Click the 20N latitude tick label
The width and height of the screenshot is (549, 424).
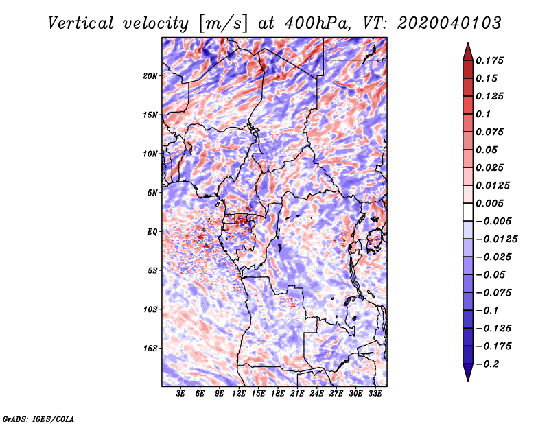[x=150, y=76]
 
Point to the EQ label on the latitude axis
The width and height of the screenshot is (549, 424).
[x=152, y=232]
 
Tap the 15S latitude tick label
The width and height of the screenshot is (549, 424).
[x=150, y=349]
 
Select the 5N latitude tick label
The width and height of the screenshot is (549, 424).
[x=152, y=193]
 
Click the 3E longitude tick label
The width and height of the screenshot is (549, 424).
[x=180, y=394]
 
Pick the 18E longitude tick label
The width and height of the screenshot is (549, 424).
[x=278, y=394]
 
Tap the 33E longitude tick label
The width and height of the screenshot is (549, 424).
[x=375, y=394]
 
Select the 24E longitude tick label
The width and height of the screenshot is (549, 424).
[x=316, y=394]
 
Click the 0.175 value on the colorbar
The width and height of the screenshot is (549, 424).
[x=489, y=60]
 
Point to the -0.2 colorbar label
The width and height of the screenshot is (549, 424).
[x=487, y=364]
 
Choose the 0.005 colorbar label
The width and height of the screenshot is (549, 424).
[x=489, y=203]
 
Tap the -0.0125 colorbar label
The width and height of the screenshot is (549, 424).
[x=496, y=239]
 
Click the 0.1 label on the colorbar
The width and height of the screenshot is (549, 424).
[x=483, y=114]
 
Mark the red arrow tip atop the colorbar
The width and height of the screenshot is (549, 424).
[x=468, y=43]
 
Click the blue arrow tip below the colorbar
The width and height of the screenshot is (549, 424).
[x=468, y=381]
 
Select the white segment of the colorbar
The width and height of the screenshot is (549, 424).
[x=468, y=212]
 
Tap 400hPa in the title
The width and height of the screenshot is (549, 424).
[x=317, y=23]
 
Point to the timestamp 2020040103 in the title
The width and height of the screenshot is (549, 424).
[x=449, y=23]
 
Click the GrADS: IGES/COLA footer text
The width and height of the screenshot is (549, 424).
[x=38, y=419]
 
